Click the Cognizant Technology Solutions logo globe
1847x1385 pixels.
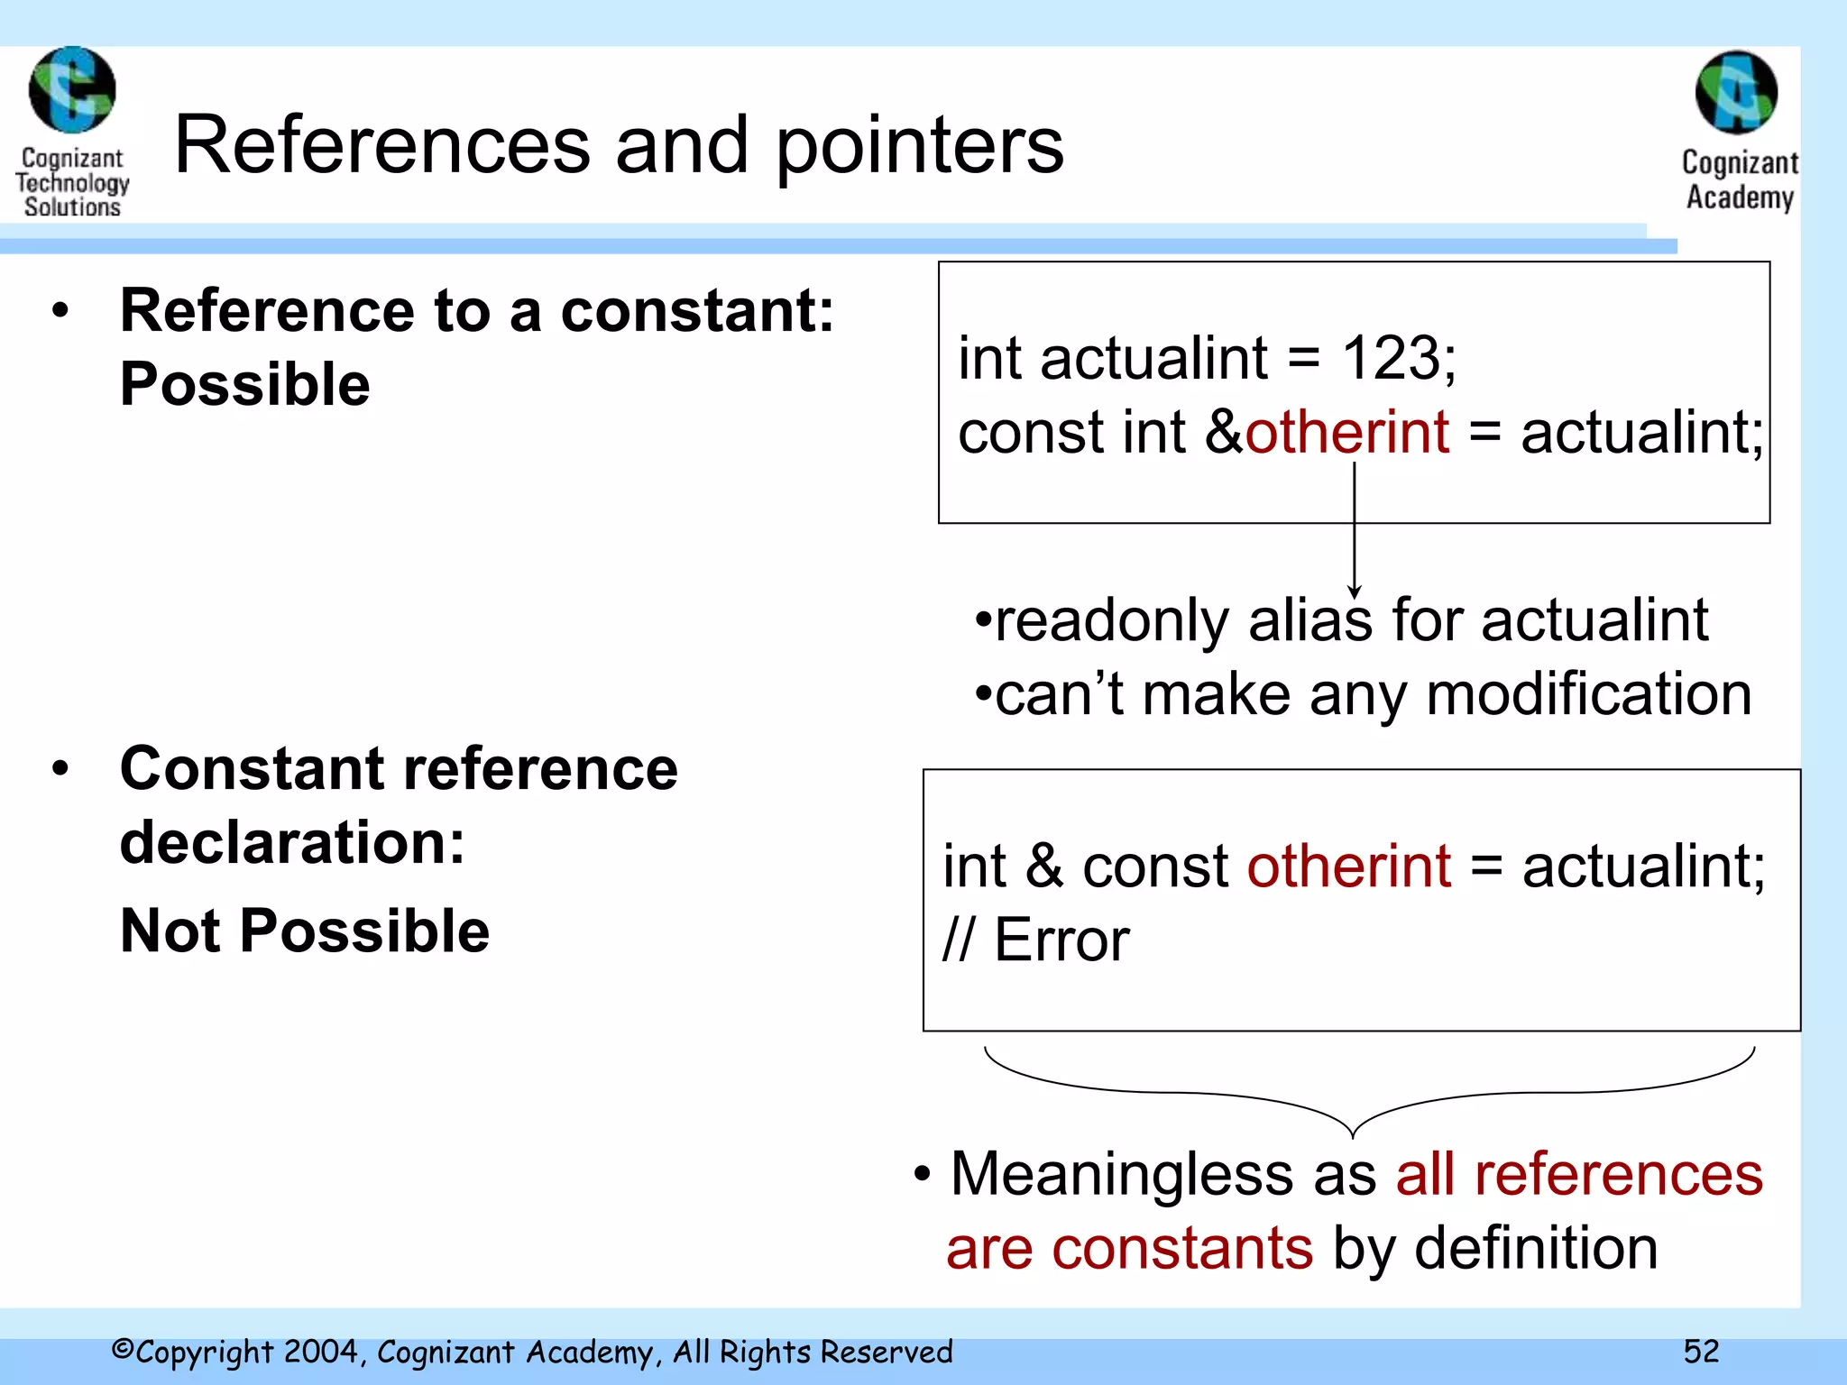pos(72,90)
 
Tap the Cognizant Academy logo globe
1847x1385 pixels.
pos(1736,92)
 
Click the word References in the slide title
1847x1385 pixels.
pos(381,146)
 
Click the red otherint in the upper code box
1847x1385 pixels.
pos(1347,432)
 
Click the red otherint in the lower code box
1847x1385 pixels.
pos(1349,867)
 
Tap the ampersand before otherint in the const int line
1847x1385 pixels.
pos(1224,432)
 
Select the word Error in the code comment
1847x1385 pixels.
pos(1061,940)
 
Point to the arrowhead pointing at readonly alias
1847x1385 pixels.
pos(1354,592)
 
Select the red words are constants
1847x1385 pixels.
pos(1129,1249)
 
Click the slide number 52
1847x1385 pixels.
pos(1701,1352)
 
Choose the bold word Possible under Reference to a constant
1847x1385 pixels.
pos(245,385)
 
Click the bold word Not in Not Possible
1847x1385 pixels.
pos(170,931)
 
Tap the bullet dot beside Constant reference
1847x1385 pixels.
pos(60,769)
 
